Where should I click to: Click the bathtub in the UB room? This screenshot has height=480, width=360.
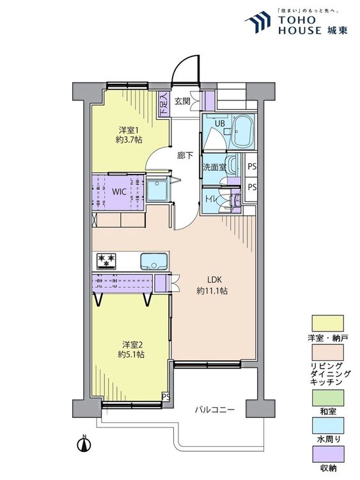coord(243,132)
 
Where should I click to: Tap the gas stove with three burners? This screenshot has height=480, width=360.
coord(106,261)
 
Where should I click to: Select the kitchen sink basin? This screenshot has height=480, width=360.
coord(154,261)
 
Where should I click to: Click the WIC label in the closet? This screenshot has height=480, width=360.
coord(119,192)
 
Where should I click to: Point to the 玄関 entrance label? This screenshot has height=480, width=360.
coord(183,101)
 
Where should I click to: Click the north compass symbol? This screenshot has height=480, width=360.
coord(84,444)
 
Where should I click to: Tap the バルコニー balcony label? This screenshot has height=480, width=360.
coord(215,410)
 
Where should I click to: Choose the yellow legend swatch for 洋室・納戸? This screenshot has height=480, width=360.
coord(327,323)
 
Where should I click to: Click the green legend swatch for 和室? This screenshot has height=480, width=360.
coord(327,397)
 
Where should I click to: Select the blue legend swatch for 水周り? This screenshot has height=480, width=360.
coord(327,426)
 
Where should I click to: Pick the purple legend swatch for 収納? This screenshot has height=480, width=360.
coord(327,454)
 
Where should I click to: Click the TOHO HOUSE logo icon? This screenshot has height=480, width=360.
coord(258,22)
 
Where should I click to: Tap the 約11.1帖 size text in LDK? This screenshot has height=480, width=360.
coord(212,291)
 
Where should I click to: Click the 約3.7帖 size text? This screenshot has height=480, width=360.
coord(129,140)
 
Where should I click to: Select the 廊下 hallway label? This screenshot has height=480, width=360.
coord(185,156)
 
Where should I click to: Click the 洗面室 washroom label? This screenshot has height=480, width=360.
coord(214,168)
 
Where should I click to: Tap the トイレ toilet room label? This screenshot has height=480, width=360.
coord(212,199)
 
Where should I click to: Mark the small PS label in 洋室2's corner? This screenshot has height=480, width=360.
coord(166,397)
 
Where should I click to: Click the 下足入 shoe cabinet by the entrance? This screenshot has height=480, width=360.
coord(164,104)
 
